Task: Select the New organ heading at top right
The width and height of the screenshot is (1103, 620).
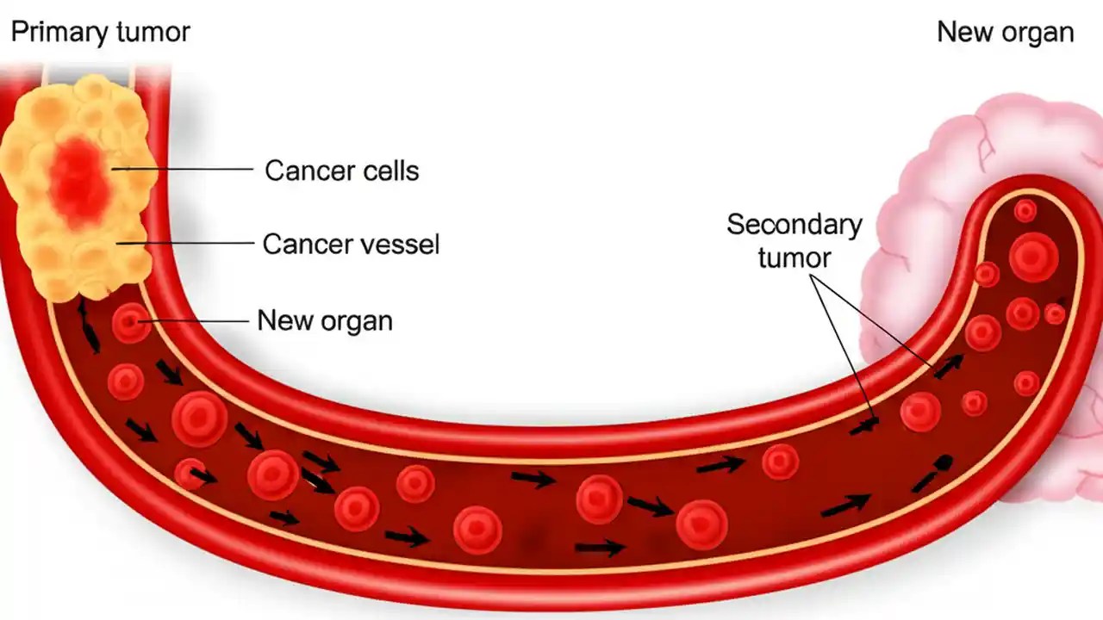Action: point(1005,33)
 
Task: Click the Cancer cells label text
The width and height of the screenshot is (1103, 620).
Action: point(341,170)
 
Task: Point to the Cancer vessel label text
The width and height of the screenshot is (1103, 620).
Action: point(351,245)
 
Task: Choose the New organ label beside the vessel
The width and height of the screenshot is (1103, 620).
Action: point(325,321)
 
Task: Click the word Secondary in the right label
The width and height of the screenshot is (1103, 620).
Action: point(794,225)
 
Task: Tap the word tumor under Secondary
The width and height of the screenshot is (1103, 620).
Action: point(794,257)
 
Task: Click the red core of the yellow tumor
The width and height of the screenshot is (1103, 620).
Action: point(79,176)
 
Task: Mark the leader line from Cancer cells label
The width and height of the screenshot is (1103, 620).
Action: point(190,170)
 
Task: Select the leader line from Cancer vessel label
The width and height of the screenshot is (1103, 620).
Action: point(190,244)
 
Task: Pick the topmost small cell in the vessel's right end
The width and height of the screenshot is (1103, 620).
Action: point(1025,210)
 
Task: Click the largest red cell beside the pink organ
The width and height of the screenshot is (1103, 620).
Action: point(1033,257)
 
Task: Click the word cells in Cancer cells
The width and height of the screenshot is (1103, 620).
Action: point(389,170)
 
